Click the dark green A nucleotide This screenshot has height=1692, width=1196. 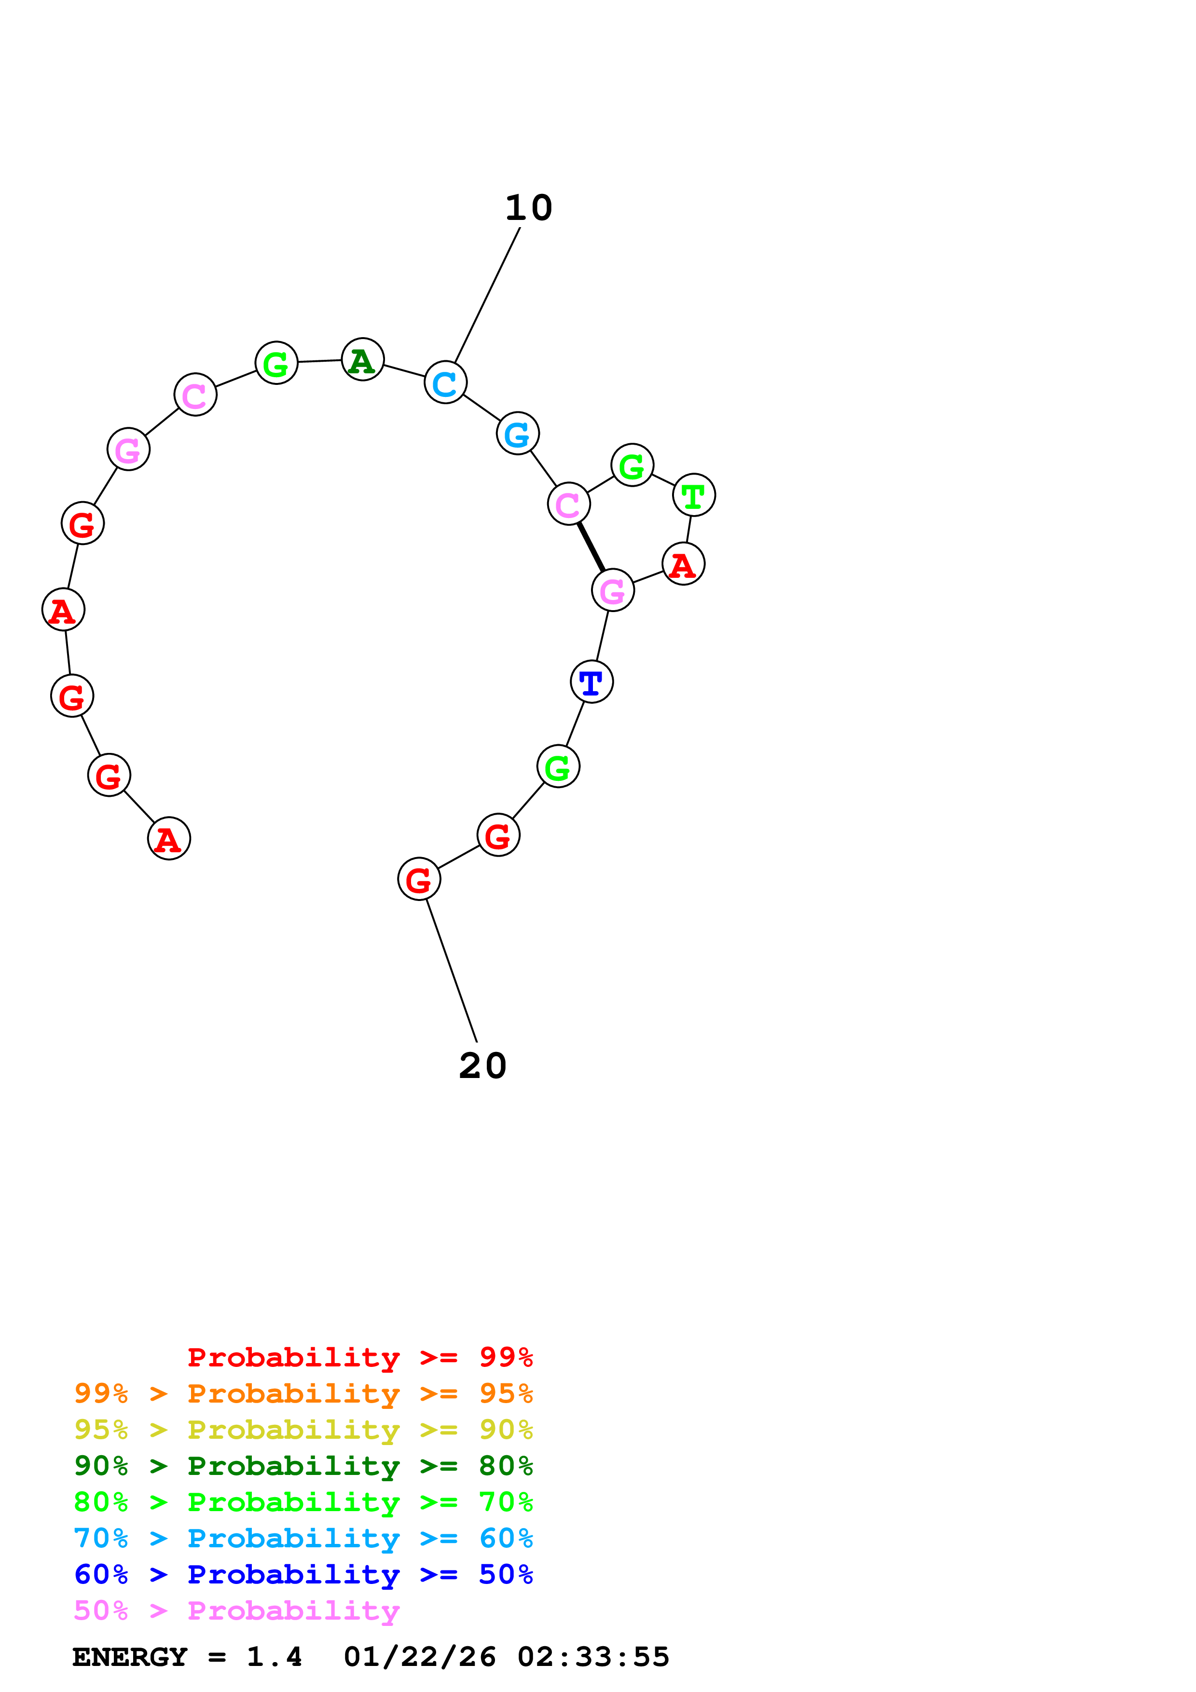[362, 360]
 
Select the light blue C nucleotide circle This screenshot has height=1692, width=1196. [445, 382]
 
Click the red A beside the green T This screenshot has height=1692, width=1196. [683, 564]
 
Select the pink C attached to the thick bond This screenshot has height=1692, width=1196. [568, 504]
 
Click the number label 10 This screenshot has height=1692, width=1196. [528, 208]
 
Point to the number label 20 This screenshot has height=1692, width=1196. [482, 1065]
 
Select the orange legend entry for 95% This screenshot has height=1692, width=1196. [303, 1393]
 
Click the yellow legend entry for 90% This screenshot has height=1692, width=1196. [303, 1430]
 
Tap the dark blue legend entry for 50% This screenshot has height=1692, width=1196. [303, 1574]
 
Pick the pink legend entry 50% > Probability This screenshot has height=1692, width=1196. [236, 1611]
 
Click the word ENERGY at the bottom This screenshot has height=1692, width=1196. [130, 1657]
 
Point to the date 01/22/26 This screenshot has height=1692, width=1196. [419, 1657]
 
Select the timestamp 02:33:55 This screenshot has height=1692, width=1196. [593, 1657]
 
